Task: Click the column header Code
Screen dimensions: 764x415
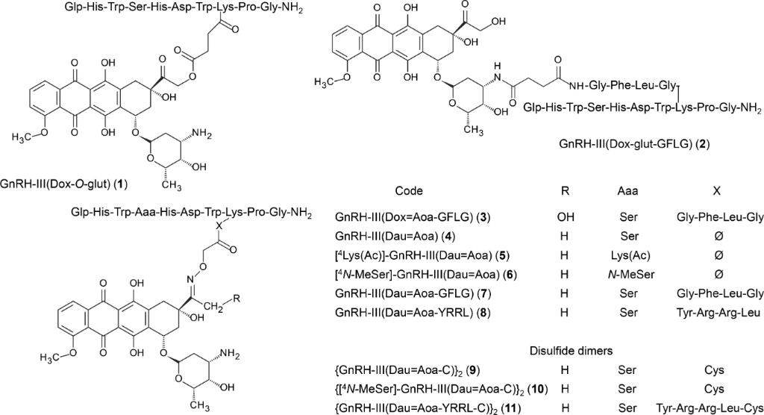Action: pos(409,191)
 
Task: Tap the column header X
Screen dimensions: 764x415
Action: pos(716,191)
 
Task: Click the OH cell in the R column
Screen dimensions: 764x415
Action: pos(565,217)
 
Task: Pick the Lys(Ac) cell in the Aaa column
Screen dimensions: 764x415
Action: pos(627,255)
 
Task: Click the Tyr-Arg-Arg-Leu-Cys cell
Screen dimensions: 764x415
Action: pos(710,408)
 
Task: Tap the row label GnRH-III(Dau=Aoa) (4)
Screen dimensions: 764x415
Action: pos(395,237)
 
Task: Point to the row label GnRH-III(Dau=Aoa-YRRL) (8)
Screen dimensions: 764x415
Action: pos(413,313)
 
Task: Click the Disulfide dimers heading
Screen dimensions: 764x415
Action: pos(571,351)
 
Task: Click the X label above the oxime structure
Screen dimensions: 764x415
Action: pos(219,226)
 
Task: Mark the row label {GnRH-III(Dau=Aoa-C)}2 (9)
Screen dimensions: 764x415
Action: pos(408,370)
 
